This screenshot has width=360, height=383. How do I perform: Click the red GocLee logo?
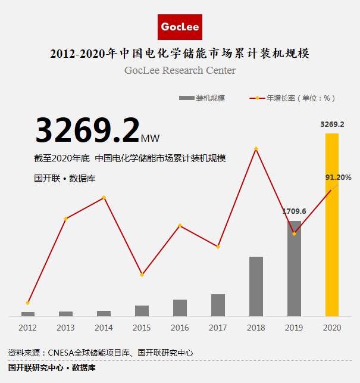click(180, 27)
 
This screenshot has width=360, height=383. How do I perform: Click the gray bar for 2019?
click(294, 268)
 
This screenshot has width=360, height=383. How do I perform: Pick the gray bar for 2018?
click(256, 286)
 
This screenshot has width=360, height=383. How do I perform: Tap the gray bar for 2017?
click(218, 305)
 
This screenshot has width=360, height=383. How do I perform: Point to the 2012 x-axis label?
click(27, 328)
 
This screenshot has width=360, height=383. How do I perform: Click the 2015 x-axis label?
click(142, 328)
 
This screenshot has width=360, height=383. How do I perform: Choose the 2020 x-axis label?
click(332, 328)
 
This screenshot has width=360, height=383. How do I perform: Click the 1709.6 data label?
click(294, 211)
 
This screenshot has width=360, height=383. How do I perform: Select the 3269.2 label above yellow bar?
click(332, 124)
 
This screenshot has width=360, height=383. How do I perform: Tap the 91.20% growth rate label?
click(338, 178)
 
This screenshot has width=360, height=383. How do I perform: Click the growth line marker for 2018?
click(256, 148)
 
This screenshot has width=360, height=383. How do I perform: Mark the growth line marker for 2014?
click(104, 197)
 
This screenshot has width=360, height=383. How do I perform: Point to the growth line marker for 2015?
click(142, 275)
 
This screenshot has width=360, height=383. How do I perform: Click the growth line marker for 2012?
click(28, 303)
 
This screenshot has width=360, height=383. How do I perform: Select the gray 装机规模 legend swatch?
click(186, 98)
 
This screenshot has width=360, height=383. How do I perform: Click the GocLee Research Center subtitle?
click(180, 70)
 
